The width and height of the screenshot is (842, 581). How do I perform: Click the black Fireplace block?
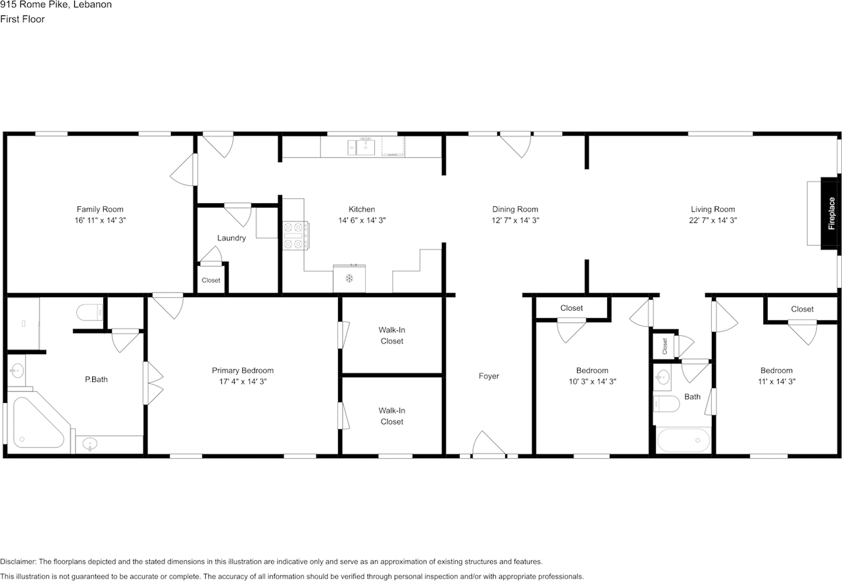point(831,214)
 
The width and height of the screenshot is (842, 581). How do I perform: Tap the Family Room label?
point(100,209)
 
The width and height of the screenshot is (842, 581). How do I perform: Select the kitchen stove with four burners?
point(296,235)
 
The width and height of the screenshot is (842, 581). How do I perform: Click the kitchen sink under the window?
point(361,147)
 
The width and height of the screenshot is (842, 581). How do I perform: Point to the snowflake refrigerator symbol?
point(349,278)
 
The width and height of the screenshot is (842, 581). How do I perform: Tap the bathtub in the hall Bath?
point(683,440)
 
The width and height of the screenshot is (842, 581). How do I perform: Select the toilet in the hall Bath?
point(666,404)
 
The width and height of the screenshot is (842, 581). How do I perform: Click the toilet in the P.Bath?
point(90,312)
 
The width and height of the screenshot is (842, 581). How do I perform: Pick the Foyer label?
point(489,376)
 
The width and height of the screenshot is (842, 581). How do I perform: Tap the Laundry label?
point(232,238)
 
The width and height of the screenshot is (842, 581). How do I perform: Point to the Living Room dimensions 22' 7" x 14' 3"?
point(712,220)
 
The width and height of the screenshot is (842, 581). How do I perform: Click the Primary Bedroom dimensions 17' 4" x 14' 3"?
point(243,382)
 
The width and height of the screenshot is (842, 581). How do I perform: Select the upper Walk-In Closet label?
point(391,335)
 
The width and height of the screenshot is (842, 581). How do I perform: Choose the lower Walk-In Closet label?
point(391,416)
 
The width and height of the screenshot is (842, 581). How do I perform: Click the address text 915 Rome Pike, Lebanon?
point(56,5)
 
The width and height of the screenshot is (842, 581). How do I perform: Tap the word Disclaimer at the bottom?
point(18,562)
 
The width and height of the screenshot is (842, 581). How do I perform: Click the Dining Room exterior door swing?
point(515,145)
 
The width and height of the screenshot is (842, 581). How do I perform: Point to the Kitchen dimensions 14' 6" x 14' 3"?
point(362,220)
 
